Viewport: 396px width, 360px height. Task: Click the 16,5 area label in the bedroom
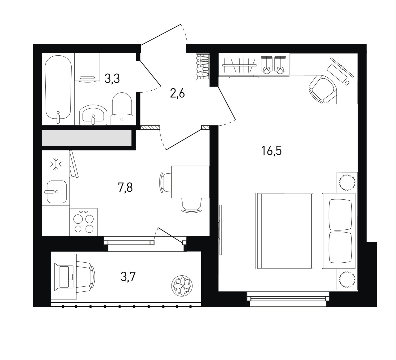271,151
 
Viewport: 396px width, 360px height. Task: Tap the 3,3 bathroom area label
112,79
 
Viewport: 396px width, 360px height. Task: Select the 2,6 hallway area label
178,94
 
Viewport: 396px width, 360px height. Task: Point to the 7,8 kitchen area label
125,188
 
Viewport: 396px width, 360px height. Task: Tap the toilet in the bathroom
122,109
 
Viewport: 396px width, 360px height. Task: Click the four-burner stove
83,222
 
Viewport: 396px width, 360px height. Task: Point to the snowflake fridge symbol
56,164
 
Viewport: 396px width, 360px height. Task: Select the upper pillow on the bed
341,214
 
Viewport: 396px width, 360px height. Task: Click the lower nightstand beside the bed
347,279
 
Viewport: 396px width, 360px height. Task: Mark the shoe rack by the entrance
203,67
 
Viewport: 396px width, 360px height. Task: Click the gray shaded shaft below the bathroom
87,138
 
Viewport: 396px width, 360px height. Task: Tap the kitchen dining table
191,182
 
